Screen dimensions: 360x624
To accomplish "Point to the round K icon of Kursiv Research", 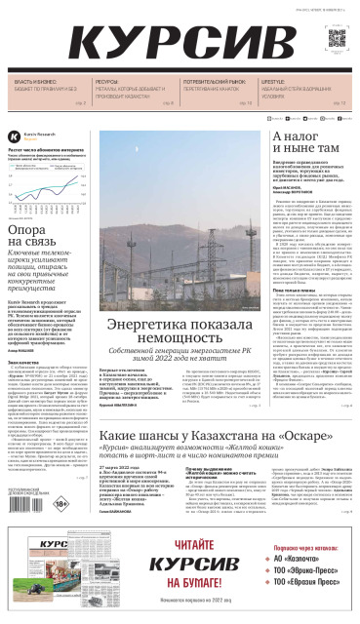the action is click(x=14, y=136).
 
